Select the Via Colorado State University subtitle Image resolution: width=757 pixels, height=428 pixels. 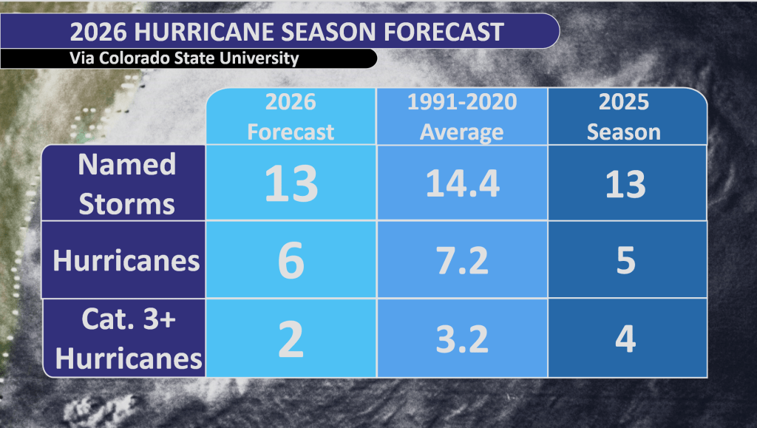pyautogui.click(x=185, y=58)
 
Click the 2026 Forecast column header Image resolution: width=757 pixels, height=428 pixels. pyautogui.click(x=291, y=117)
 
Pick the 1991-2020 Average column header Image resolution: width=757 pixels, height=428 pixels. pyautogui.click(x=462, y=117)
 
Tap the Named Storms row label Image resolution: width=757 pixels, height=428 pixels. pyautogui.click(x=126, y=183)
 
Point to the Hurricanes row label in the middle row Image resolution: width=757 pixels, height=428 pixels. pyautogui.click(x=126, y=261)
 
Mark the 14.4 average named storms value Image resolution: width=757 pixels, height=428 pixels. pyautogui.click(x=462, y=183)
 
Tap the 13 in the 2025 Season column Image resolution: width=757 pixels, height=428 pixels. pyautogui.click(x=625, y=183)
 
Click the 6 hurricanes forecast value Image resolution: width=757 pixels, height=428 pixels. pyautogui.click(x=291, y=262)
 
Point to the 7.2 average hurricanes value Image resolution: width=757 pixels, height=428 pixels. pyautogui.click(x=461, y=261)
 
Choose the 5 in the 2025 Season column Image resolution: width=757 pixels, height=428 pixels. pyautogui.click(x=625, y=261)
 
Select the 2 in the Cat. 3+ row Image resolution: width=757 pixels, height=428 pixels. pyautogui.click(x=291, y=340)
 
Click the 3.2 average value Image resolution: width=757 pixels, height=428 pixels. pyautogui.click(x=461, y=339)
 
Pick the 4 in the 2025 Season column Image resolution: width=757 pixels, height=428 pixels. pyautogui.click(x=625, y=339)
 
